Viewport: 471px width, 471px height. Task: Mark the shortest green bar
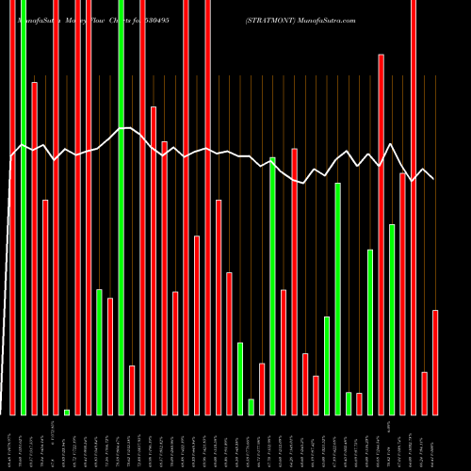(67, 412)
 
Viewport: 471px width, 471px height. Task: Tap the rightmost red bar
(435, 362)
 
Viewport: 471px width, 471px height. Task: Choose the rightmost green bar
(392, 319)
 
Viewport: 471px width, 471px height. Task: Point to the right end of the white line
(433, 178)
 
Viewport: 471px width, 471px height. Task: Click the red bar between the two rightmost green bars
(381, 235)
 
